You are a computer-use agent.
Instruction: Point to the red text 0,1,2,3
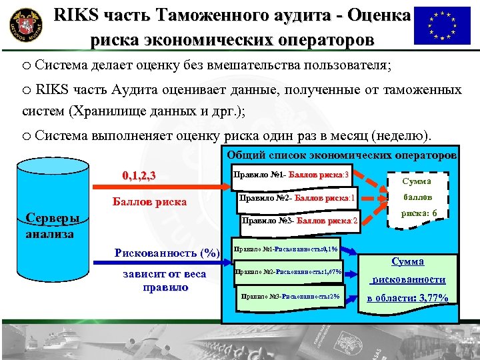pyautogui.click(x=139, y=176)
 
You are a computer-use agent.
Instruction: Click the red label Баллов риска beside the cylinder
pyautogui.click(x=149, y=201)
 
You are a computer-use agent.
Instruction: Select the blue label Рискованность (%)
pyautogui.click(x=167, y=253)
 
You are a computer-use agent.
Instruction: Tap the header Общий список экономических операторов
pyautogui.click(x=341, y=155)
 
